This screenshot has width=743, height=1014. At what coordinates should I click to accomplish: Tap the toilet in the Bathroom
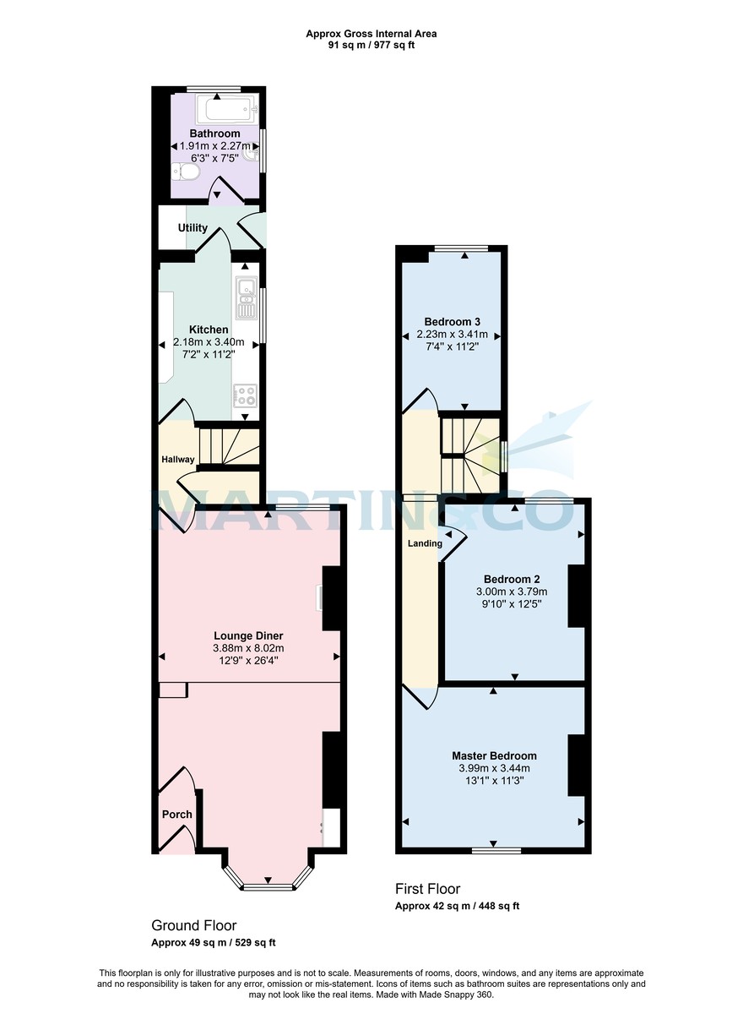[186, 172]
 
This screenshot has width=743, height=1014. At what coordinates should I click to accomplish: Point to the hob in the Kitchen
[246, 394]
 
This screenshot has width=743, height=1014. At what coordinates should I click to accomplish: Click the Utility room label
[193, 228]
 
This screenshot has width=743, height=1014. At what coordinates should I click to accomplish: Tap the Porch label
[177, 815]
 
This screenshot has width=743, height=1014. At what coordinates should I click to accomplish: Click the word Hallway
[178, 460]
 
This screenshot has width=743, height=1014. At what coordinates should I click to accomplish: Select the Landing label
[425, 543]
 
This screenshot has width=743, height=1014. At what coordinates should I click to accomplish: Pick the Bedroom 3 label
[453, 322]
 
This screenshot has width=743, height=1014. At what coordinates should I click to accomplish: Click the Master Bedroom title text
[494, 755]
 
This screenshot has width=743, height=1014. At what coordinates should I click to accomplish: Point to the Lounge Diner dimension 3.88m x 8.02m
[248, 648]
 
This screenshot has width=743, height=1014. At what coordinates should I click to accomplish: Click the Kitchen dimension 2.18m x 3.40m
[209, 342]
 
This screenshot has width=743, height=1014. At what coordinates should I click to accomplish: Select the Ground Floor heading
[194, 925]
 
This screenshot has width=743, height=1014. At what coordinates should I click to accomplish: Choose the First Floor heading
[428, 889]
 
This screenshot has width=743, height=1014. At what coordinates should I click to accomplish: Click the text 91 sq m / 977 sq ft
[371, 45]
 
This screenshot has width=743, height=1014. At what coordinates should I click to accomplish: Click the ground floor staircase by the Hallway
[228, 446]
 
